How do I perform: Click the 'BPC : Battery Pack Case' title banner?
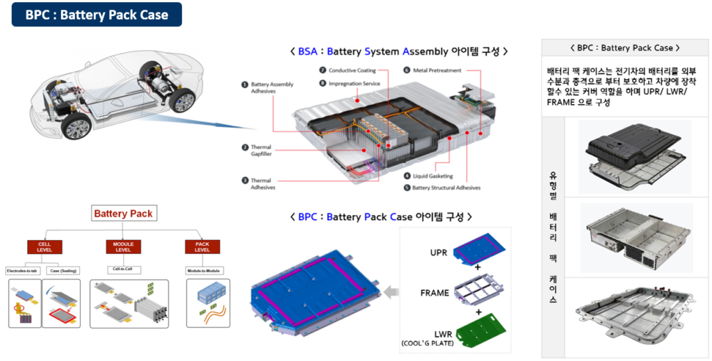coord(97,15)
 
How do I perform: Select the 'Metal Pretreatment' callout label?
coord(436,71)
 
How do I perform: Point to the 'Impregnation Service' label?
coord(355,83)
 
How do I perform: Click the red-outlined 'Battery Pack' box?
coord(122,214)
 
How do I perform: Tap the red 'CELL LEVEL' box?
coord(44,247)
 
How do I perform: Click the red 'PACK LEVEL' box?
coord(202,247)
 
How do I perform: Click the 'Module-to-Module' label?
coord(202,270)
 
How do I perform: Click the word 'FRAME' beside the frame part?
coord(435,293)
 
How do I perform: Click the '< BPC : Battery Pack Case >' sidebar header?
coord(624,48)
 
